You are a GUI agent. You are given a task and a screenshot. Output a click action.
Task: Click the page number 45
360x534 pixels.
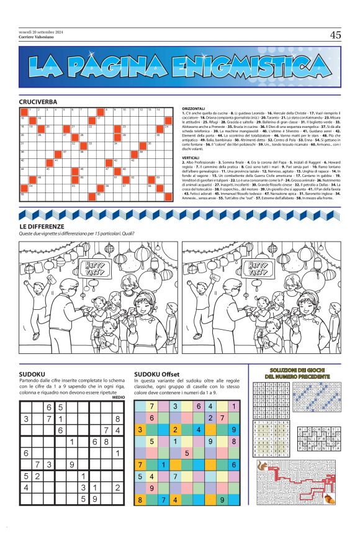click(x=335, y=35)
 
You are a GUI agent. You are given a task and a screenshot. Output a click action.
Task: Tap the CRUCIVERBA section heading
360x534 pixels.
click(x=38, y=101)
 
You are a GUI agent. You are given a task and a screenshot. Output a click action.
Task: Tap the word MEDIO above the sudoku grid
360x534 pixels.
click(x=119, y=397)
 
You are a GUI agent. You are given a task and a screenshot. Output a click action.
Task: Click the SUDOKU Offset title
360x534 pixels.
click(x=156, y=374)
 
